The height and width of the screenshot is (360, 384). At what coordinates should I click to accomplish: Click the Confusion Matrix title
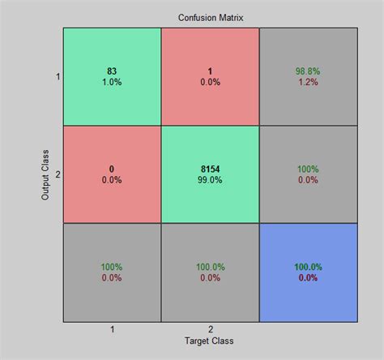(x=210, y=17)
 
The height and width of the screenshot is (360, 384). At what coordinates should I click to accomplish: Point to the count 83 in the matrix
(x=113, y=71)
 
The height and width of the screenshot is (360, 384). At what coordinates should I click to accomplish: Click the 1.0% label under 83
(x=113, y=82)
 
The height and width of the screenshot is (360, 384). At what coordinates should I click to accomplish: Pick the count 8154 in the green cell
(x=210, y=169)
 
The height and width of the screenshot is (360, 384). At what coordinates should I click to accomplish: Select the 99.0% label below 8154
(x=210, y=179)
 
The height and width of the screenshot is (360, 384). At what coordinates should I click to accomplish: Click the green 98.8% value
(x=307, y=71)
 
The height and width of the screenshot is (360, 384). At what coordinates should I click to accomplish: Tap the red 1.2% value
(x=307, y=82)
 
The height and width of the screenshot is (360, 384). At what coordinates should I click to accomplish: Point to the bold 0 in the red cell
(x=113, y=169)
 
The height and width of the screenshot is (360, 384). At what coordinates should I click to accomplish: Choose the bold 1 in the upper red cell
(x=210, y=71)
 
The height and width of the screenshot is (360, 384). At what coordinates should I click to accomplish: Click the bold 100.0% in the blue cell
(x=307, y=266)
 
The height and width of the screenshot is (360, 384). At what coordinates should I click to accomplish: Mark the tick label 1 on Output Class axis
(x=57, y=77)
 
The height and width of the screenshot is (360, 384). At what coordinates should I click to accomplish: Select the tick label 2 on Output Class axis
(x=57, y=174)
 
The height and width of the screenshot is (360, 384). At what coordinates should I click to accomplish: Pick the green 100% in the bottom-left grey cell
(x=113, y=266)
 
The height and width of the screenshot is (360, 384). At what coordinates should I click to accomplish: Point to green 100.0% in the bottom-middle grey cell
(x=210, y=266)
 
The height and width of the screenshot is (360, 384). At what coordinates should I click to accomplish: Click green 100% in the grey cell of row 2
(x=307, y=169)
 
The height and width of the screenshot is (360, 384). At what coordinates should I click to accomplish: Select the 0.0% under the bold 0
(x=113, y=179)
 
